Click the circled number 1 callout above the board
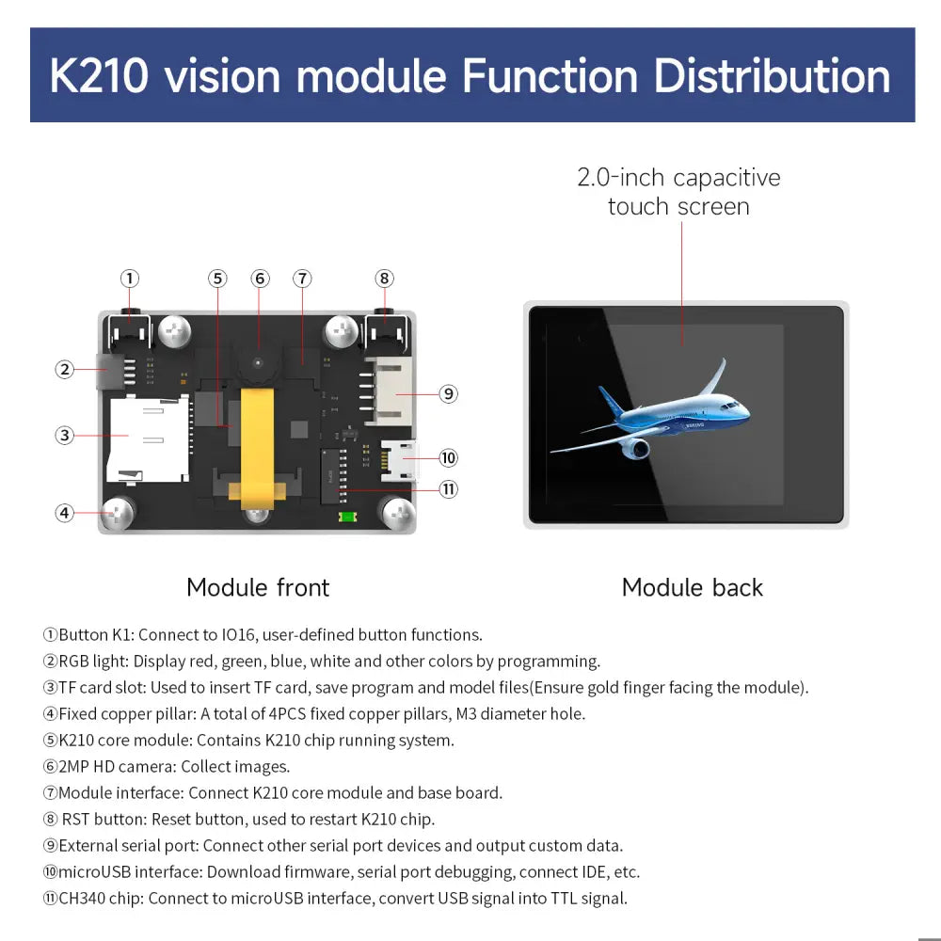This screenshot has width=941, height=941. point(130,279)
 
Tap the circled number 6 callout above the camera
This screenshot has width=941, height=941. point(261,279)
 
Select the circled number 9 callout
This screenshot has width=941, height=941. point(449,393)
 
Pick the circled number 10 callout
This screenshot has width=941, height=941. point(449,458)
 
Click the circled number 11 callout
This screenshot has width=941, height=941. point(449,488)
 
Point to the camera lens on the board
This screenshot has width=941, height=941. point(258,362)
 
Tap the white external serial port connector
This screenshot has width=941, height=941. point(391,391)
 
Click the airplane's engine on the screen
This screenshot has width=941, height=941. point(636,448)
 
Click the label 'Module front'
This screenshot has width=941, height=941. point(258,588)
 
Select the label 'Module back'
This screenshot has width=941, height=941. point(692,588)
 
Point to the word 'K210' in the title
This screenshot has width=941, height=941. point(99,76)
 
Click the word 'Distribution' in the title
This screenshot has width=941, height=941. point(772,76)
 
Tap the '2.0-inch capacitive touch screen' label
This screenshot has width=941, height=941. point(678,192)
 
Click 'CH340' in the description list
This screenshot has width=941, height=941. point(84,899)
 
